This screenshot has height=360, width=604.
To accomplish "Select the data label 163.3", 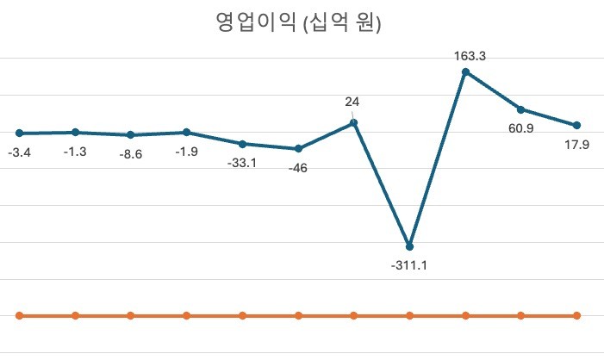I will [x=470, y=56].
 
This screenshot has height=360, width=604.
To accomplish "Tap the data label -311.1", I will [x=409, y=265].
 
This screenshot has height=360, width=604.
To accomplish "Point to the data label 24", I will [x=352, y=102].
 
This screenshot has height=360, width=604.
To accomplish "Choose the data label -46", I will [x=298, y=168].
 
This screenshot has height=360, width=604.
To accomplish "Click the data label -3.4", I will [x=20, y=152].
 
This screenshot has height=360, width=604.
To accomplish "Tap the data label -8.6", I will [x=132, y=154].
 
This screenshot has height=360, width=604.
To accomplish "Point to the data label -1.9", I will [x=186, y=152].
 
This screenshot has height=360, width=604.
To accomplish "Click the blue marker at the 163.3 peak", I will [x=465, y=72].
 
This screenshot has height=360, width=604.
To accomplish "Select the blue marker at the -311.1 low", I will [x=409, y=246].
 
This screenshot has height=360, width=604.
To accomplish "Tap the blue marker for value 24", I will [x=353, y=123].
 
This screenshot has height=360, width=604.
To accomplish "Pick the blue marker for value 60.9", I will [x=520, y=109].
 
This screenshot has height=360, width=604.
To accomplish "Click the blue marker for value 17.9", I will [x=576, y=126].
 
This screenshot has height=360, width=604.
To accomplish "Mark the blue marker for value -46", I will [x=298, y=149].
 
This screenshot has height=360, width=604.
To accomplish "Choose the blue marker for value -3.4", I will [x=19, y=133].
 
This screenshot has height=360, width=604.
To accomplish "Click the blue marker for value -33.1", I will [x=242, y=144].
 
